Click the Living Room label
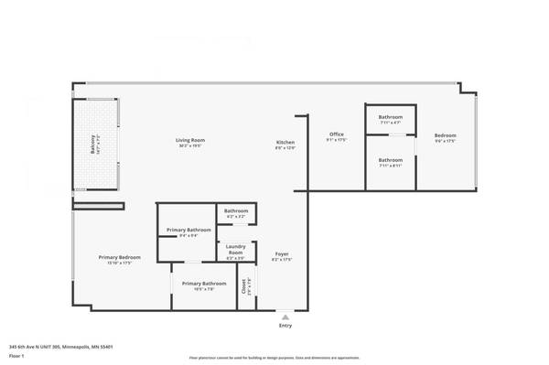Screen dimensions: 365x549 tap(190, 140)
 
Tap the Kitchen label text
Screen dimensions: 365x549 tap(285, 142)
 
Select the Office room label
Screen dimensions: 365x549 tap(337, 134)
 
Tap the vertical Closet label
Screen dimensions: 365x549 tap(245, 286)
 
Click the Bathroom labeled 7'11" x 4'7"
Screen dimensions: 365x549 tap(391, 117)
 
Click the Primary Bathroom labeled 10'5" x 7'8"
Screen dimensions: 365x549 tap(204, 284)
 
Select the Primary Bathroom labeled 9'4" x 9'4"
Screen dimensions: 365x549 tap(187, 230)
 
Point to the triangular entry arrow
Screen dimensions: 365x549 tap(285, 317)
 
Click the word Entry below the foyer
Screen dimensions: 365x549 tap(285, 325)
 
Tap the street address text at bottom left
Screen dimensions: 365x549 tap(60, 347)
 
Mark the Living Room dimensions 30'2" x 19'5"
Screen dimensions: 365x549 tap(190, 145)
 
